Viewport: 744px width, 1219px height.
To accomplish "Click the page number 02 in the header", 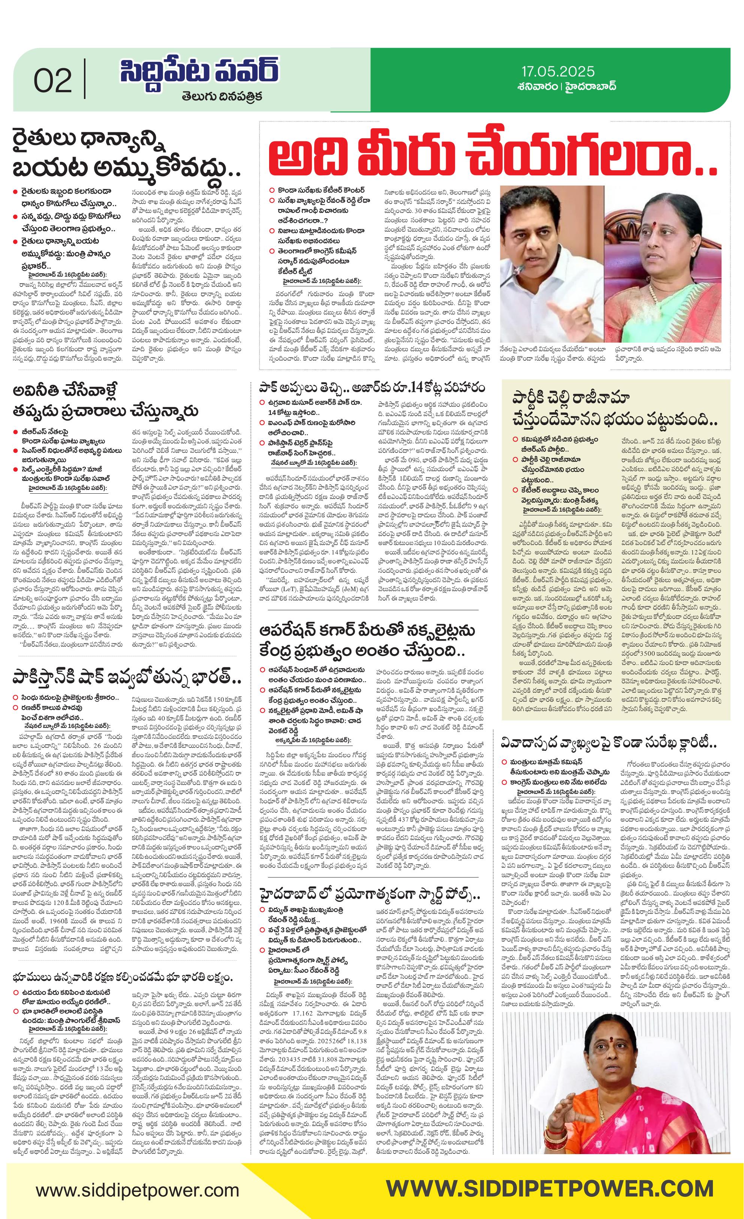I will click(53, 81).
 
